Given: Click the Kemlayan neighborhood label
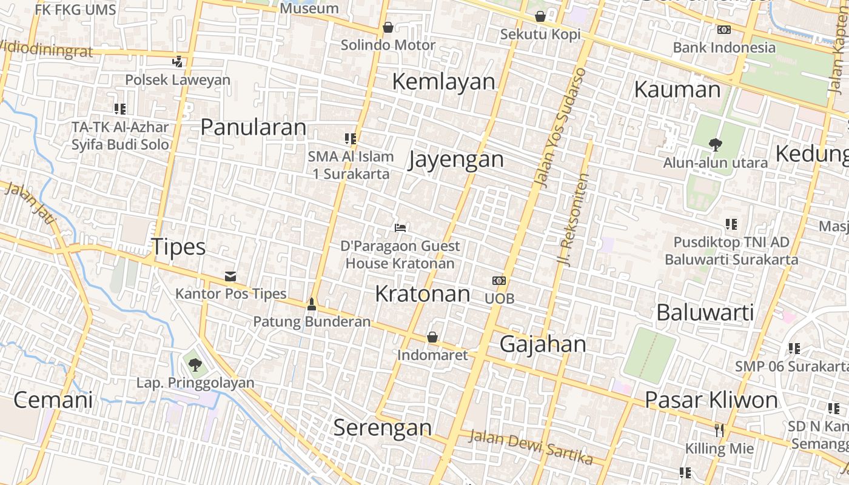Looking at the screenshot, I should coord(443,81).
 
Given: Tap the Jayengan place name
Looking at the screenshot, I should coord(456,159).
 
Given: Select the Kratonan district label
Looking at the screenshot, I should coord(423,293).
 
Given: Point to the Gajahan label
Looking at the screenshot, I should coord(543,344).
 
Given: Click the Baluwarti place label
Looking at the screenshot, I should coord(705,312).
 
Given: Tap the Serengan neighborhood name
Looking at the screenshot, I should coord(383,427).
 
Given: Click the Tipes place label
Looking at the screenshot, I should coord(178,247).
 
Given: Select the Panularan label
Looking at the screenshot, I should coord(253,127).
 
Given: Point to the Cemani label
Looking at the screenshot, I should coord(53,400).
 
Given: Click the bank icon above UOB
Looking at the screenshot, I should coord(499,281).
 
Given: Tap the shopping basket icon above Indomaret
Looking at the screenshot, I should coord(432,337).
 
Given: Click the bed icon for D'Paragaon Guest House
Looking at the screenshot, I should coord(400,228).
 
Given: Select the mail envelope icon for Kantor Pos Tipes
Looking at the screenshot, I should coord(230,276).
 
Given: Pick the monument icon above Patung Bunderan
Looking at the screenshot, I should coord(312,304).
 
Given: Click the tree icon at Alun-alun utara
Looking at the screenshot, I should coord(716,144).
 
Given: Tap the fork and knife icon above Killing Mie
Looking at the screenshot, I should coord(719,430).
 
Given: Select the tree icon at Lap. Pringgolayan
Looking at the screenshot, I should coord(195,364).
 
